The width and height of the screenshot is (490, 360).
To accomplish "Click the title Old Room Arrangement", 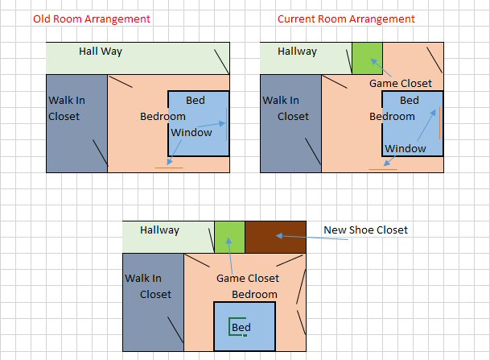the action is (92, 19).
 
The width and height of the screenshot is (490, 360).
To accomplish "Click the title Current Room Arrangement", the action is (346, 19).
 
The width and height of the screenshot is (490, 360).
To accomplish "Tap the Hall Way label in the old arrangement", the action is (101, 52).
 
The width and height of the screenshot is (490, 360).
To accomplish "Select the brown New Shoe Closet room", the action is (275, 237).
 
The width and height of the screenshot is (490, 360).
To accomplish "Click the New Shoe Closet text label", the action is (365, 230).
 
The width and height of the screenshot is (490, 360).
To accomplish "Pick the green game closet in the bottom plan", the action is (229, 237).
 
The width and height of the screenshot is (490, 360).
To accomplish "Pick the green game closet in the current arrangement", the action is (367, 59).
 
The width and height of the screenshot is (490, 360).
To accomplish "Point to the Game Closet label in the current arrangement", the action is (401, 84).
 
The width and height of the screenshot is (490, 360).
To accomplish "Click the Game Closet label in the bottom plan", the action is (248, 278).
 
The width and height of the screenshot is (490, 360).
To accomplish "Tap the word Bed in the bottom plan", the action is (241, 327).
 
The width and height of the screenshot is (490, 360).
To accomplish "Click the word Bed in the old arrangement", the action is (196, 100).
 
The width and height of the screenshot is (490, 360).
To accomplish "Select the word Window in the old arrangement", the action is (191, 133).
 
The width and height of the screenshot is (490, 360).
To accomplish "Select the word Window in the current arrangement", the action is (406, 148).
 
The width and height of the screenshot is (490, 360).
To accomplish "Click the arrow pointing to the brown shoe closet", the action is (312, 238).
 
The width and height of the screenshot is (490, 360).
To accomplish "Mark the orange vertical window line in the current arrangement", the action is (439, 122).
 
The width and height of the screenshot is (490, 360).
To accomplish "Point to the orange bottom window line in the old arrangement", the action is (169, 168).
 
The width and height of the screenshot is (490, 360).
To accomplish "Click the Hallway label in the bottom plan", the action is (159, 230).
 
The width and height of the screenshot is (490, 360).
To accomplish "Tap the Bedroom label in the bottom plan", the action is (254, 294).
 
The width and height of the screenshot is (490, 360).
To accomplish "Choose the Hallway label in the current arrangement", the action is (297, 52).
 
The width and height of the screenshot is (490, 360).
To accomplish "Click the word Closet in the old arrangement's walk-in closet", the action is (64, 116).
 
